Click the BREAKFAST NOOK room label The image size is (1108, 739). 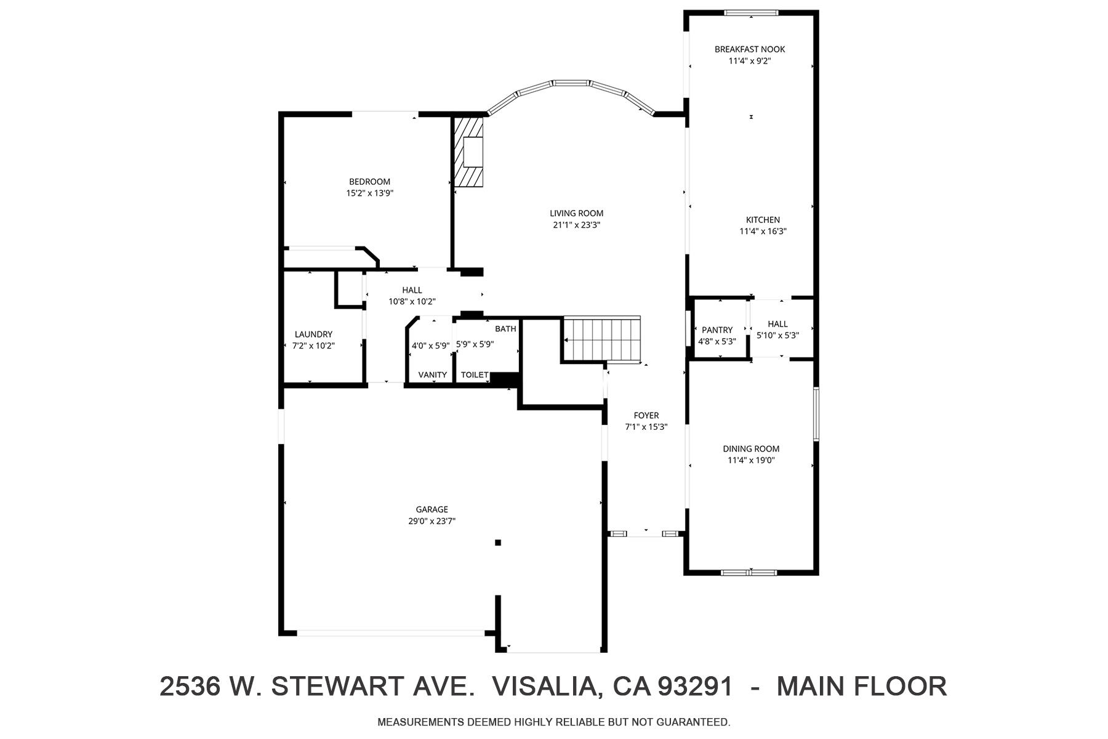tap(749, 49)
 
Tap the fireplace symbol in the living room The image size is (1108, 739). tap(469, 152)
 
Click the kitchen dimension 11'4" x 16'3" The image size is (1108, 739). tap(763, 232)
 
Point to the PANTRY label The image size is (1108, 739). tap(717, 330)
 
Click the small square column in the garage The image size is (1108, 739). tap(498, 543)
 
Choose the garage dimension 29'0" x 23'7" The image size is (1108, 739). tap(432, 521)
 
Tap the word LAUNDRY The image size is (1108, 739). tap(313, 334)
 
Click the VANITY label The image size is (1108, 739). tap(432, 375)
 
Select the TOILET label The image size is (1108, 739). tap(474, 375)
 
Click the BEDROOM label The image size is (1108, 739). tap(369, 182)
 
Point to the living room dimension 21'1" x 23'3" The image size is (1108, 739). tap(576, 225)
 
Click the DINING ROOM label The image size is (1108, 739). tap(750, 449)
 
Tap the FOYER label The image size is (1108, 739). tap(646, 416)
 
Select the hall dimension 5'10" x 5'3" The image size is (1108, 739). tap(777, 336)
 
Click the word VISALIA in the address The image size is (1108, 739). tap(545, 687)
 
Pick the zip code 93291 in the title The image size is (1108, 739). tap(696, 687)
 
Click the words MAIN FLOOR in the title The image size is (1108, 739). tap(861, 687)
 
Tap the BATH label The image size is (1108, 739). tap(505, 329)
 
